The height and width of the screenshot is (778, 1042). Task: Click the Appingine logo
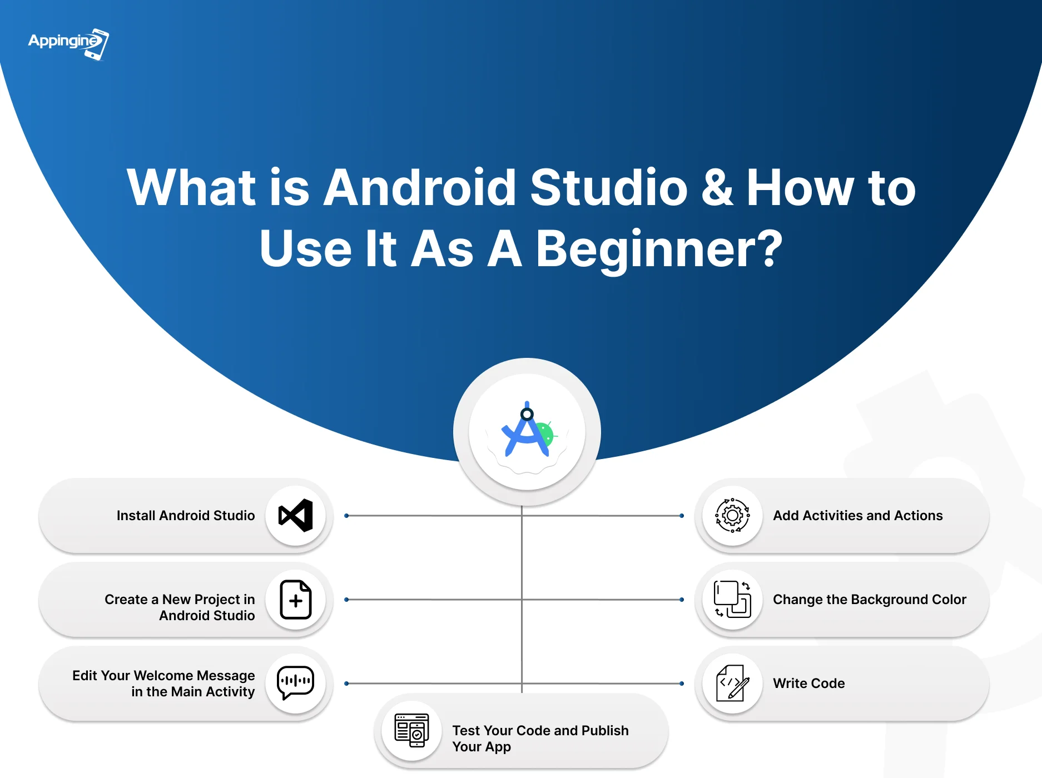point(68,44)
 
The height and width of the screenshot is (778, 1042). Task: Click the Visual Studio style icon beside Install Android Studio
point(295,516)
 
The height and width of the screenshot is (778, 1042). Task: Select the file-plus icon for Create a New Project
point(295,600)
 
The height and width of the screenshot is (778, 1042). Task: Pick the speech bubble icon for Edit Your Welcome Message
point(295,683)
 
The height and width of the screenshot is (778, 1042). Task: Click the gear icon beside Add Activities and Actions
point(732,516)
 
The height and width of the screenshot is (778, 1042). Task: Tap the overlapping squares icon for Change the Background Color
point(732,600)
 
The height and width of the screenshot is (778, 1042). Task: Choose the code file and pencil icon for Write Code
point(732,683)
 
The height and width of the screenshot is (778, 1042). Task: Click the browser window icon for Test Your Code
point(411,730)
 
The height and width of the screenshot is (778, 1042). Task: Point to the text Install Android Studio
point(186,516)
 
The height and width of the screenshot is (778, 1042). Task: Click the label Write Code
point(808,684)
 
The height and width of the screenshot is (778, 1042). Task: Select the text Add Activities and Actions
point(857,516)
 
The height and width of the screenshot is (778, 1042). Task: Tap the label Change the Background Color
point(870,600)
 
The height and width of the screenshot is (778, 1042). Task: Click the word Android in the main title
point(420,188)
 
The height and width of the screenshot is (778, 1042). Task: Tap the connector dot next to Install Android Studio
point(346,516)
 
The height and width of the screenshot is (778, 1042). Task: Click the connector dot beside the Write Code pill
point(682,684)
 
